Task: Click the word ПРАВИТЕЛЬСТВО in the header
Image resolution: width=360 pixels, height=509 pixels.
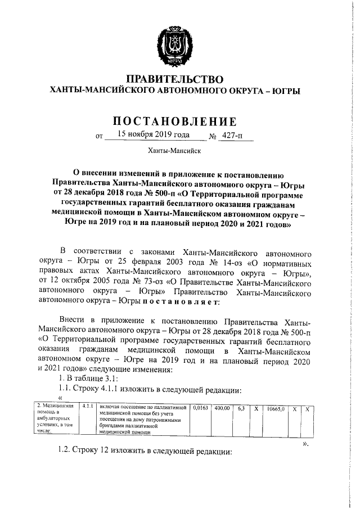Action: click(174, 79)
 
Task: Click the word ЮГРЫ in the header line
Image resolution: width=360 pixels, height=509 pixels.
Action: click(286, 91)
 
